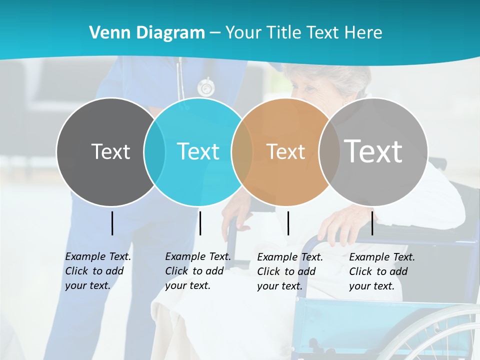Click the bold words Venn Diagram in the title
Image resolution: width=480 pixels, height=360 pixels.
147,33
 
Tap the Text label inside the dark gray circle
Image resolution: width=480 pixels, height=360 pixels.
110,151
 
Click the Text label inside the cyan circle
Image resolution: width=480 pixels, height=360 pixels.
198,151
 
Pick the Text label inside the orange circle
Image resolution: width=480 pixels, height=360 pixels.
285,151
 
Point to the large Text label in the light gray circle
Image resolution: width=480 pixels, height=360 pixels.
373,151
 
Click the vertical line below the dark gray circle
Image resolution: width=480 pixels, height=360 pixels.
112,223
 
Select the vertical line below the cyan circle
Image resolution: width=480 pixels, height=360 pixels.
200,223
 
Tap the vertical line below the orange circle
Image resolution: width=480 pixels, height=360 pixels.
288,223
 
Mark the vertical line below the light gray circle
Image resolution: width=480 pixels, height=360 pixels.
372,223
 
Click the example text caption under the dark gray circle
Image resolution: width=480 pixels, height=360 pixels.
98,271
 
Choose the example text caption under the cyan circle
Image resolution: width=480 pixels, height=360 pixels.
198,271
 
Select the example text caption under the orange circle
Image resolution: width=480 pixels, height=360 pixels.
290,271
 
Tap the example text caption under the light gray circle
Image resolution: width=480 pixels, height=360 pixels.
382,271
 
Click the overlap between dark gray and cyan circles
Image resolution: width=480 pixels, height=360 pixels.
154,151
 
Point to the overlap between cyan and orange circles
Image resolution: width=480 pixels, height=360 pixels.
242,151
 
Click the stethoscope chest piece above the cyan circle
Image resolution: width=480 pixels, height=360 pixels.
205,88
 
